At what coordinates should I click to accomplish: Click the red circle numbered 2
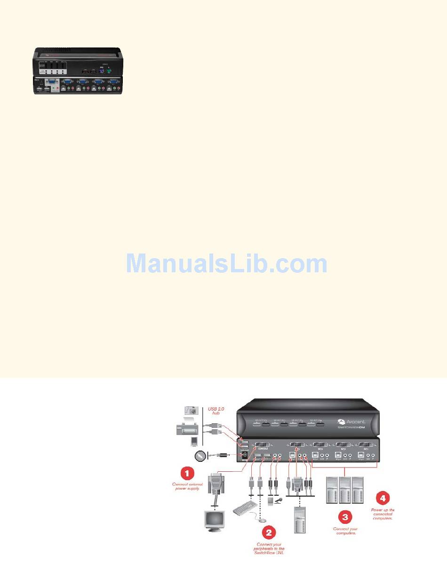269,533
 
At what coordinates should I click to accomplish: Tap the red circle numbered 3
345,517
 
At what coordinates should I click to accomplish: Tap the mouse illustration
263,519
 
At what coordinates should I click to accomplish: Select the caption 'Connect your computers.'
346,531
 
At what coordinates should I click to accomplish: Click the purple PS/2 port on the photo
101,71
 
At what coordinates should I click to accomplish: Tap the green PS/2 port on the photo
109,71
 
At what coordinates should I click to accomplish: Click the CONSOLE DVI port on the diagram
264,444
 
